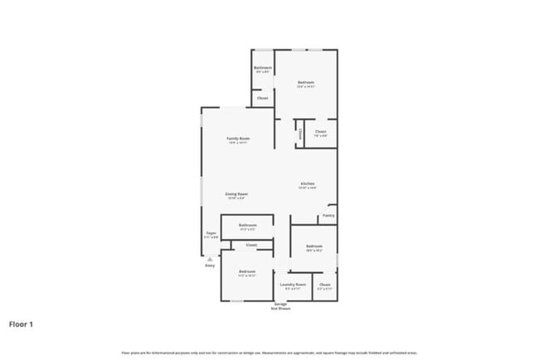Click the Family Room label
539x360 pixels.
coord(239,139)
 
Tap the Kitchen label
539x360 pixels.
coord(307,184)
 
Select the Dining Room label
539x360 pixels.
coord(236,194)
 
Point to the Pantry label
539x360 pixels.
coord(328,216)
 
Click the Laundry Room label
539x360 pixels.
coord(293,285)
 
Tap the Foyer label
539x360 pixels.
coord(211,234)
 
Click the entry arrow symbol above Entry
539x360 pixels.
coord(210,258)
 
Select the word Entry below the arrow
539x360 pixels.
coord(210,265)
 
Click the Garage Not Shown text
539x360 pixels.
coord(281,306)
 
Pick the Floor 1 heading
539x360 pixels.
coord(22,324)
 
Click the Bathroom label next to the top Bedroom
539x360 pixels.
coord(263,68)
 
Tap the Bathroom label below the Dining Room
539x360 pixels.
coord(247,226)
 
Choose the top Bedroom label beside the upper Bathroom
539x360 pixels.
coord(306,83)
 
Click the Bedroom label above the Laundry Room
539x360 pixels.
coord(313,247)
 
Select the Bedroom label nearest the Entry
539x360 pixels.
coord(247,272)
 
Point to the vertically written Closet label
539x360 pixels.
coord(299,133)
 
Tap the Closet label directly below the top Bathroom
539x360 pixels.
coord(263,98)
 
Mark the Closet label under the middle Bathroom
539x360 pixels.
coord(251,245)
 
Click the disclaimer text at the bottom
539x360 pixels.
coord(269,353)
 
